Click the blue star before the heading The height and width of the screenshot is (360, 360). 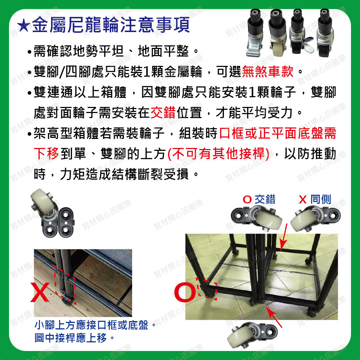tap(24, 25)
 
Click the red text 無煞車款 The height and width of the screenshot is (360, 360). tap(268, 72)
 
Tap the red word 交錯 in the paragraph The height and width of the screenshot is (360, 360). tap(163, 112)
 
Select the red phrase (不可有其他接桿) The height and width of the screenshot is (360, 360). tap(219, 154)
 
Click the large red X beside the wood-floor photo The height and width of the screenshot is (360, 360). tap(40, 292)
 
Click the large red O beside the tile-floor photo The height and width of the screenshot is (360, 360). tap(185, 292)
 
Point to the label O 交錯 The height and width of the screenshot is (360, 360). tap(259, 199)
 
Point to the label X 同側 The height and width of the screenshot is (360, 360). tap(315, 199)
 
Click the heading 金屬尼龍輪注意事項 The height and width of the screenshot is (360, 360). tap(111, 25)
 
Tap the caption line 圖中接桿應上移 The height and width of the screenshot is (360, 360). tap(71, 338)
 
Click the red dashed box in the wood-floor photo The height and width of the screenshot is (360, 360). tap(65, 285)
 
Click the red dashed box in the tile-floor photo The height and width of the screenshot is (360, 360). tap(207, 289)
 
